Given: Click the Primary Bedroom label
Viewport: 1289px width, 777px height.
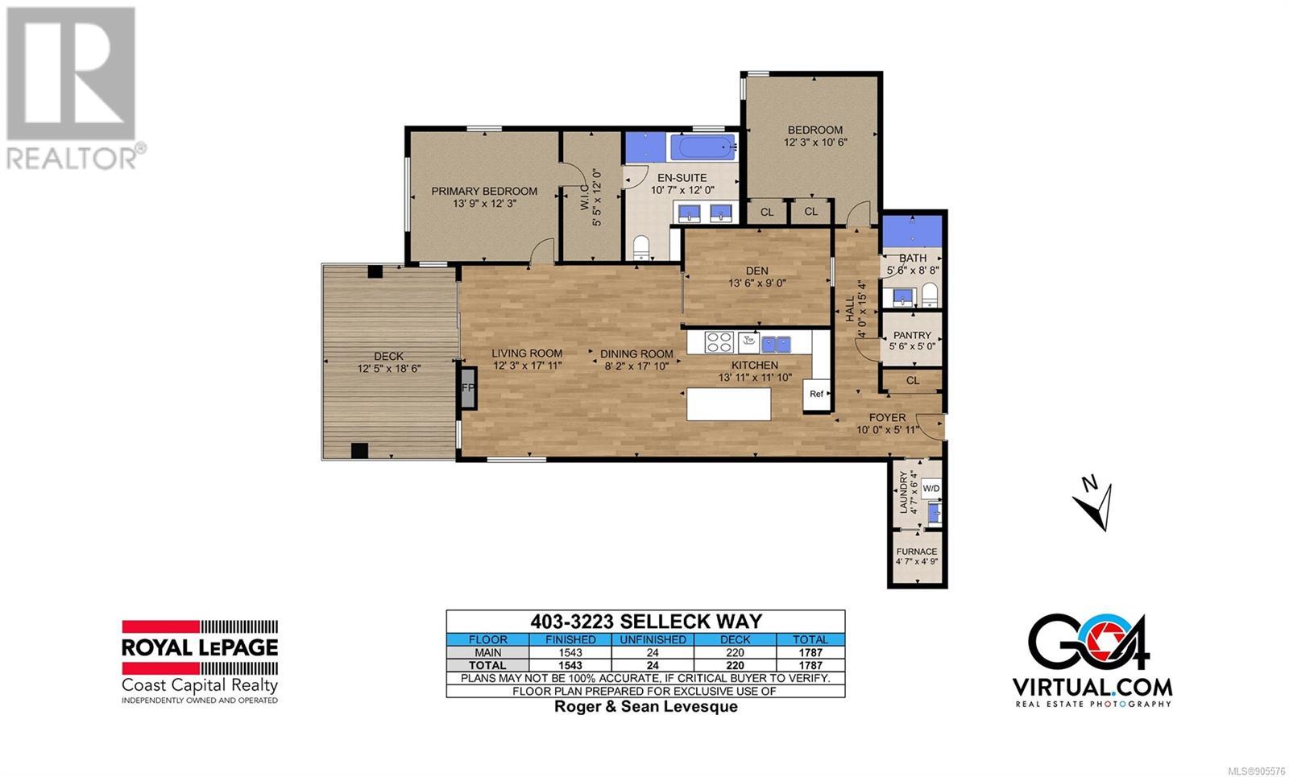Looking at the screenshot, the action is click(x=484, y=191).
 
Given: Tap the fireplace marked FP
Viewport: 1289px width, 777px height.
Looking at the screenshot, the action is click(x=468, y=388).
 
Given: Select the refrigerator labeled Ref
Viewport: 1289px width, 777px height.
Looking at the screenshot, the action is click(x=817, y=395).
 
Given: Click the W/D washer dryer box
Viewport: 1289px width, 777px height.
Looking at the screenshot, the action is click(x=931, y=489).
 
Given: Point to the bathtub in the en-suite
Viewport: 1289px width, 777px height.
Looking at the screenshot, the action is click(x=703, y=147).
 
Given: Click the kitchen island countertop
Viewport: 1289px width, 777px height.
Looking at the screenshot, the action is click(x=728, y=404).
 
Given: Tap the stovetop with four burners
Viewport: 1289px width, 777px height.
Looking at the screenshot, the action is click(x=719, y=341).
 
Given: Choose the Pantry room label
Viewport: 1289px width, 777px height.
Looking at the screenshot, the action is click(x=912, y=335).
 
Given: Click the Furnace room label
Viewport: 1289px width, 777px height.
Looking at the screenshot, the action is click(x=917, y=552).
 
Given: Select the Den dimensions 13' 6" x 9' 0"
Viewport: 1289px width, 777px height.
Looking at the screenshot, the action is click(x=756, y=283).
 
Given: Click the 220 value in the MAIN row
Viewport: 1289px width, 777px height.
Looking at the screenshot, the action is click(x=735, y=653).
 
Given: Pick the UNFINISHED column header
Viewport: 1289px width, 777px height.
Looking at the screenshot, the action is click(x=653, y=639).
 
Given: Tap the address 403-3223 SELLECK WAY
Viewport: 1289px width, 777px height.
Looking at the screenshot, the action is click(x=645, y=622).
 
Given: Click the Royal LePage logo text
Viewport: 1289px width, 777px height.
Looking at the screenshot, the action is click(x=200, y=647).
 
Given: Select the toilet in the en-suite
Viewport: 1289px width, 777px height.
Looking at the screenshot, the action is click(x=641, y=248).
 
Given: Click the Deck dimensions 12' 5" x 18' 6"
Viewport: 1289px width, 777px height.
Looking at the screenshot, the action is click(x=389, y=368).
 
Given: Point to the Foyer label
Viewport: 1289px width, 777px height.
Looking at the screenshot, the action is click(x=887, y=418).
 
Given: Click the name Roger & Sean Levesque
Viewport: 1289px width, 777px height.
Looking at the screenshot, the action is click(x=645, y=706).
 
